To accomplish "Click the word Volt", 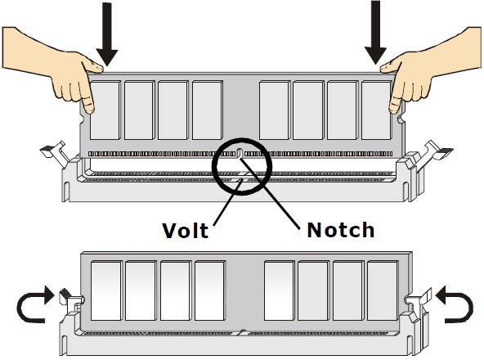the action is tap(186, 231).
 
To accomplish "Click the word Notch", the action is tap(341, 230).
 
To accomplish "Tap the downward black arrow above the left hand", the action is tap(107, 34).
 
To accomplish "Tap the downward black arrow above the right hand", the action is tap(375, 33).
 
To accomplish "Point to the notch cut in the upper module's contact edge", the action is tap(240, 153).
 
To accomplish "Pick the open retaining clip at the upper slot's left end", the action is tap(55, 153).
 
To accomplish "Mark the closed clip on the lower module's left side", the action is tap(70, 301).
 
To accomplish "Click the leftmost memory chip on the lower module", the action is tap(106, 290).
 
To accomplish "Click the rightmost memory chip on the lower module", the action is tap(382, 290).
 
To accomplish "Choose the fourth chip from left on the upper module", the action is tap(208, 110).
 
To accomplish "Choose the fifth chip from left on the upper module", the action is tap(274, 110).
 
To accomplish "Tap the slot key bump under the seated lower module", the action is tap(243, 332).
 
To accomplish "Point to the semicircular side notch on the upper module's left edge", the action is tap(82, 119).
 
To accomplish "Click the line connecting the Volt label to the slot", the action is tap(228, 202).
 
